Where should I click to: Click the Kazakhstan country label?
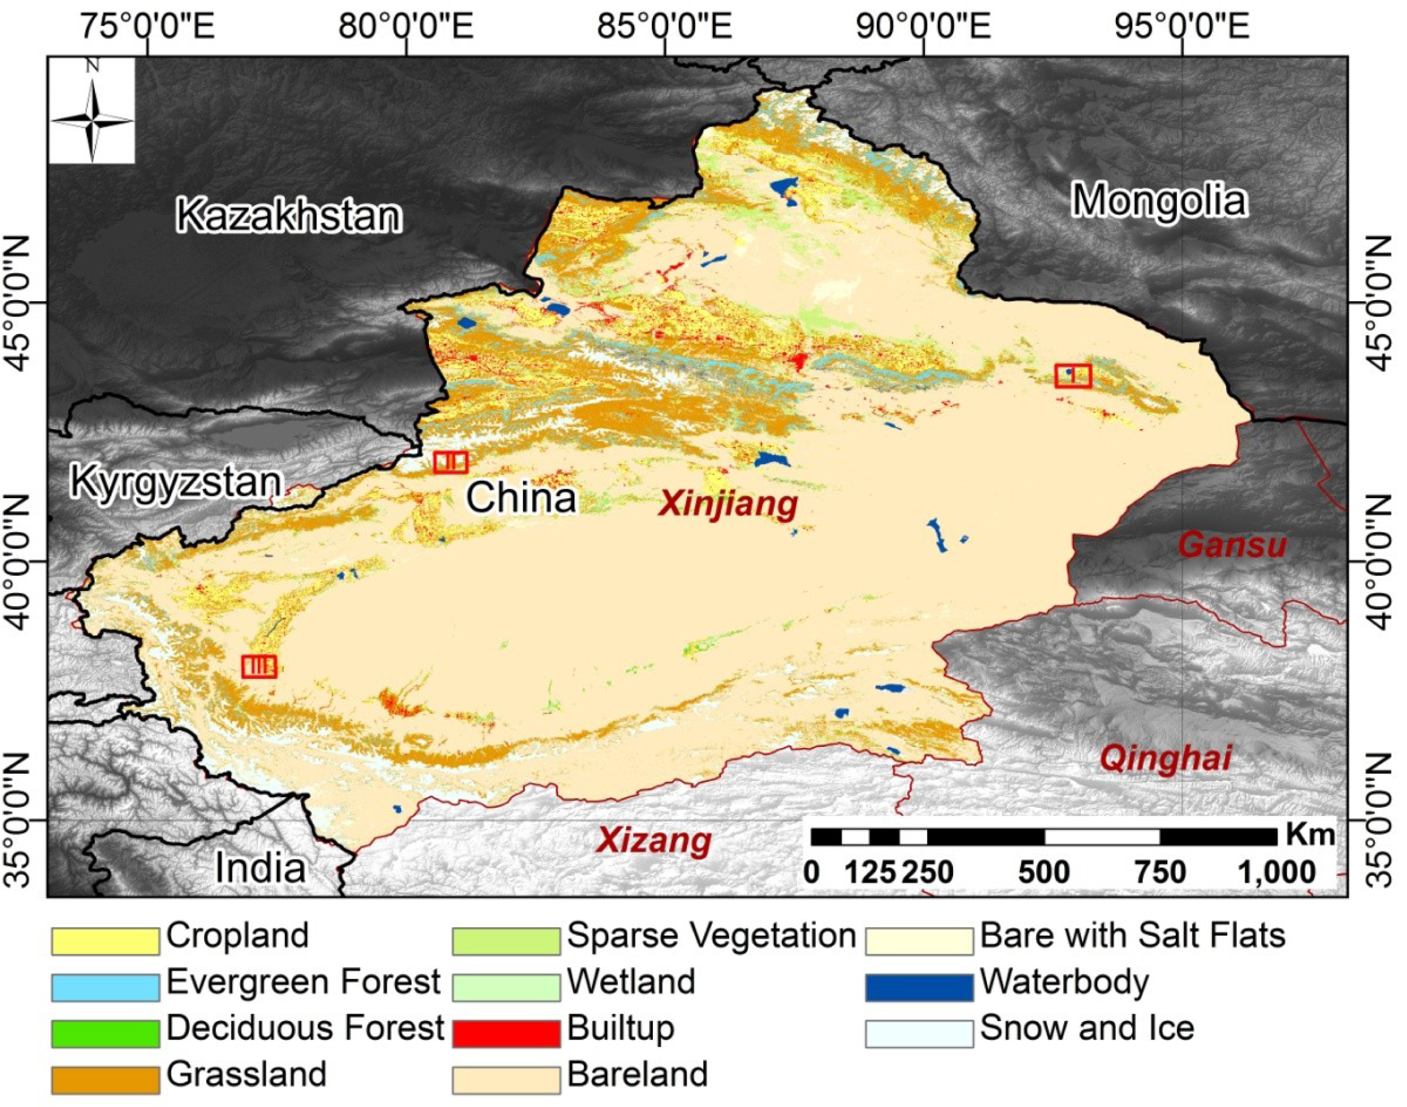[289, 217]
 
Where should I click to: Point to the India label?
[260, 867]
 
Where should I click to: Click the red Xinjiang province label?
[728, 504]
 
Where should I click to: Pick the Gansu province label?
[1232, 545]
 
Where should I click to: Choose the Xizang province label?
[654, 841]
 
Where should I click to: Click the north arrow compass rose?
[92, 110]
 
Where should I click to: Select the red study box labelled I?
[1073, 375]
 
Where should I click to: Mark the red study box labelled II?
[451, 462]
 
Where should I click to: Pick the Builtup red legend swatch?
[505, 1033]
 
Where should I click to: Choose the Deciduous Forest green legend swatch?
[105, 1033]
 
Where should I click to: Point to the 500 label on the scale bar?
[1044, 873]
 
